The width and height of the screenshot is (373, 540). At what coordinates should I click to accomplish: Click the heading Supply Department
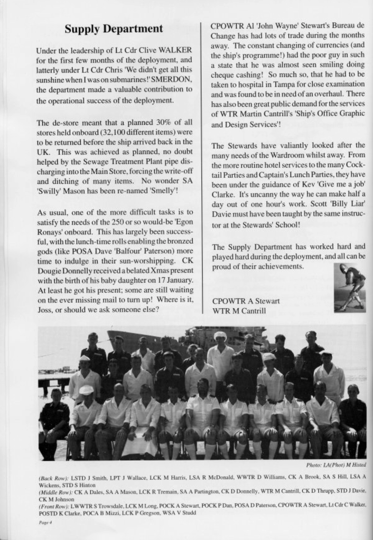coord(114,29)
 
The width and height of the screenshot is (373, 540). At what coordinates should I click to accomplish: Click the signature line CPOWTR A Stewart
coord(246,301)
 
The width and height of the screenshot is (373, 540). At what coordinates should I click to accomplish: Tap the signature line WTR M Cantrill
coord(239,310)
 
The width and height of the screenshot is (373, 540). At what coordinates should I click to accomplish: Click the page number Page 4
coord(45,523)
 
